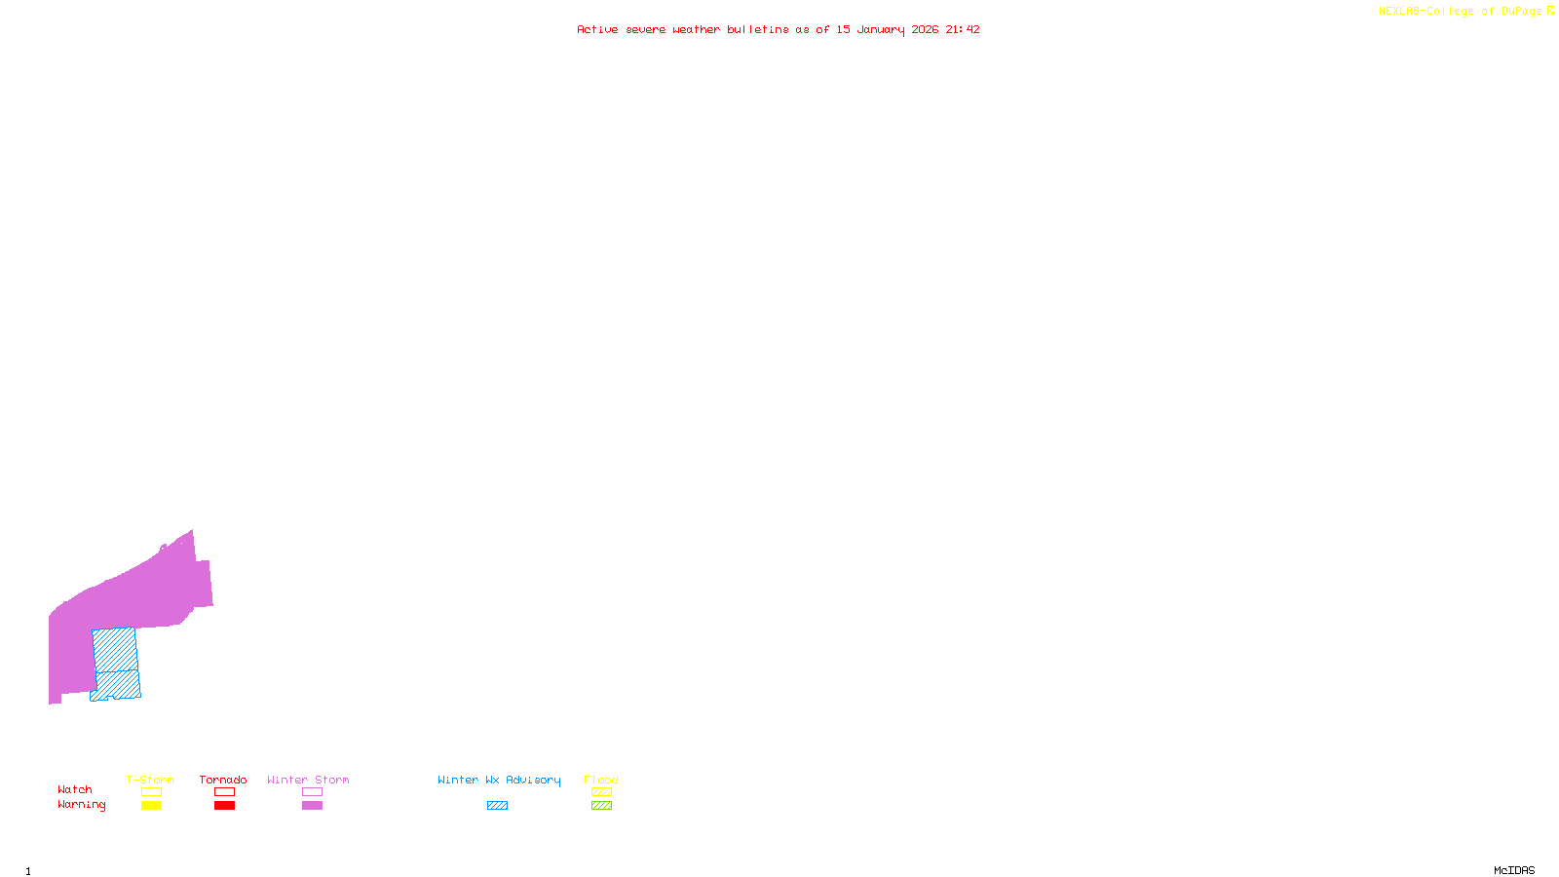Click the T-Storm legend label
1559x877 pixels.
point(150,780)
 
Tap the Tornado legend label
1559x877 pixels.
point(223,780)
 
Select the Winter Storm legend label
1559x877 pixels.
point(308,780)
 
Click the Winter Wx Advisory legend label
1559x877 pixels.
point(499,780)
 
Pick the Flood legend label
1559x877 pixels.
point(601,780)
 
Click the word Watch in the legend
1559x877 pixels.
point(75,789)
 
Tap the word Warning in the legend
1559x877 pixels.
point(82,805)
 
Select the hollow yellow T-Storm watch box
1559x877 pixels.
point(151,792)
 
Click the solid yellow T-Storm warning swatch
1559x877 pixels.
point(151,806)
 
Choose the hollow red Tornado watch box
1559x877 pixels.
point(224,792)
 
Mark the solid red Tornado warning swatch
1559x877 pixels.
point(224,806)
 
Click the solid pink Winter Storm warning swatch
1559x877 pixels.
point(312,806)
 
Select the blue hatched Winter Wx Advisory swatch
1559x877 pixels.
point(497,806)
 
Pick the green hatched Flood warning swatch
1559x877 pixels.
point(601,806)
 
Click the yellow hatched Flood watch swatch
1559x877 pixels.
point(601,792)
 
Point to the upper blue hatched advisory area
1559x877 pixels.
point(115,649)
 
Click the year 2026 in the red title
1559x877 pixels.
point(925,29)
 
